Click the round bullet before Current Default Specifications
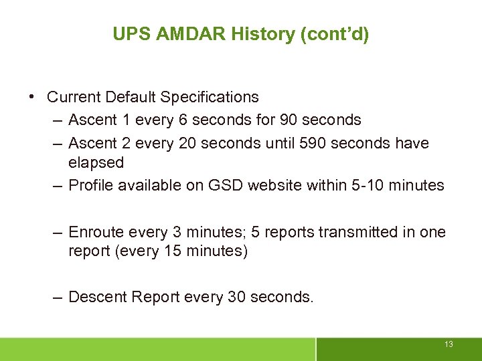pyautogui.click(x=33, y=97)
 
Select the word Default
pyautogui.click(x=131, y=97)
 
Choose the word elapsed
pyautogui.click(x=96, y=162)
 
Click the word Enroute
pyautogui.click(x=95, y=232)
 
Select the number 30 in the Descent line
pyautogui.click(x=237, y=296)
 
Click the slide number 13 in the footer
pyautogui.click(x=449, y=344)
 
